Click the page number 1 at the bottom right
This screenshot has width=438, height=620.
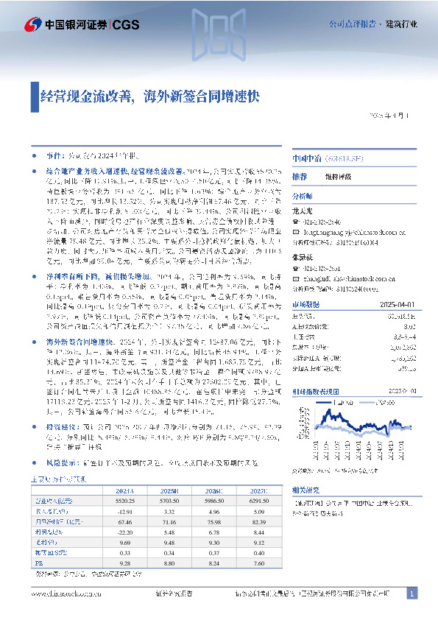pos(411,593)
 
